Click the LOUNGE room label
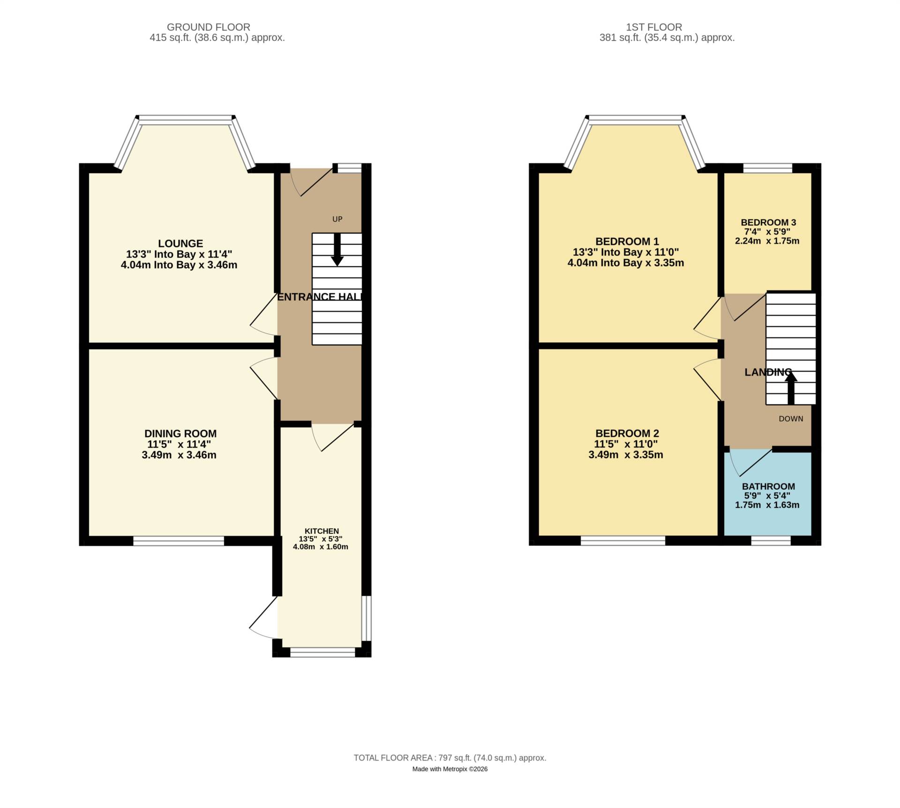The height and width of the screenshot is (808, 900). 180,243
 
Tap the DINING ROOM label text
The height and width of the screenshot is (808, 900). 180,434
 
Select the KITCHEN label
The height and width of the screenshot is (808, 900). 322,531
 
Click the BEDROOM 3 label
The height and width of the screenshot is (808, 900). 768,222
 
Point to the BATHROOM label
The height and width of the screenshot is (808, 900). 768,486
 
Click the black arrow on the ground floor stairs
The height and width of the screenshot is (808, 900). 337,250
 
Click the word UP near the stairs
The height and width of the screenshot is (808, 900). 337,219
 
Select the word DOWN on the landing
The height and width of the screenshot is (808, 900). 791,419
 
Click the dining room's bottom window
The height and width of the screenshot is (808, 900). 179,541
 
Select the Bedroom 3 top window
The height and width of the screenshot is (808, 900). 768,168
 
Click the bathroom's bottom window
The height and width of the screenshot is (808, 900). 771,541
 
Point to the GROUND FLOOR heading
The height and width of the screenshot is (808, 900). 209,27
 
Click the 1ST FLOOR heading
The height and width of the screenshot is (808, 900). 667,27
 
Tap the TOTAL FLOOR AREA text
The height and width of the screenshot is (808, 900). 450,758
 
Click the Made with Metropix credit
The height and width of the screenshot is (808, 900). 450,769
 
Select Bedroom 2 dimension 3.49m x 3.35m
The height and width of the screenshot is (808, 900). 626,455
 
